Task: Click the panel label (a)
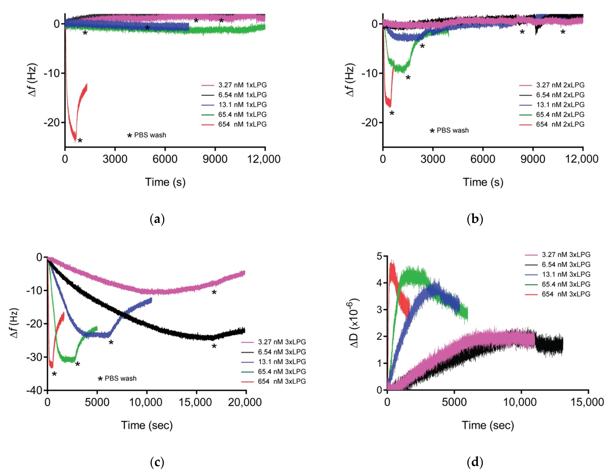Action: [x=157, y=219]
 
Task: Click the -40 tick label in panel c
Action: [x=34, y=390]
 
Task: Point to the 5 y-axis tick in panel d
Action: [x=379, y=256]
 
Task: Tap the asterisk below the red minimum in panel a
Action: [x=80, y=141]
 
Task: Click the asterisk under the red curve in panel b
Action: [x=392, y=113]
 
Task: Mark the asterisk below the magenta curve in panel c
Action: [x=214, y=293]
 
